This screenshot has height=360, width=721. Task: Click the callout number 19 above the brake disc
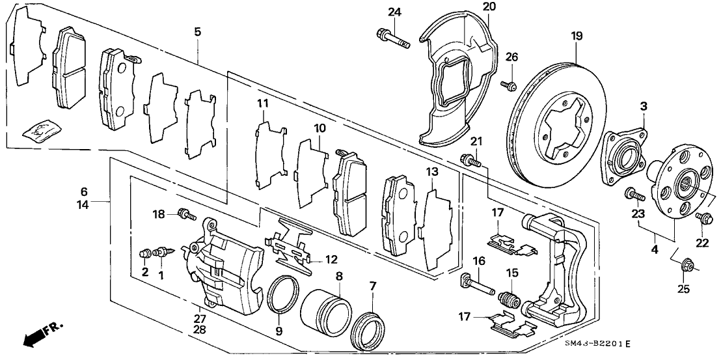click(576, 36)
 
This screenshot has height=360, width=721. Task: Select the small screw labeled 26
click(509, 84)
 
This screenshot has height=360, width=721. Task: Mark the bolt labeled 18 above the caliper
click(186, 212)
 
